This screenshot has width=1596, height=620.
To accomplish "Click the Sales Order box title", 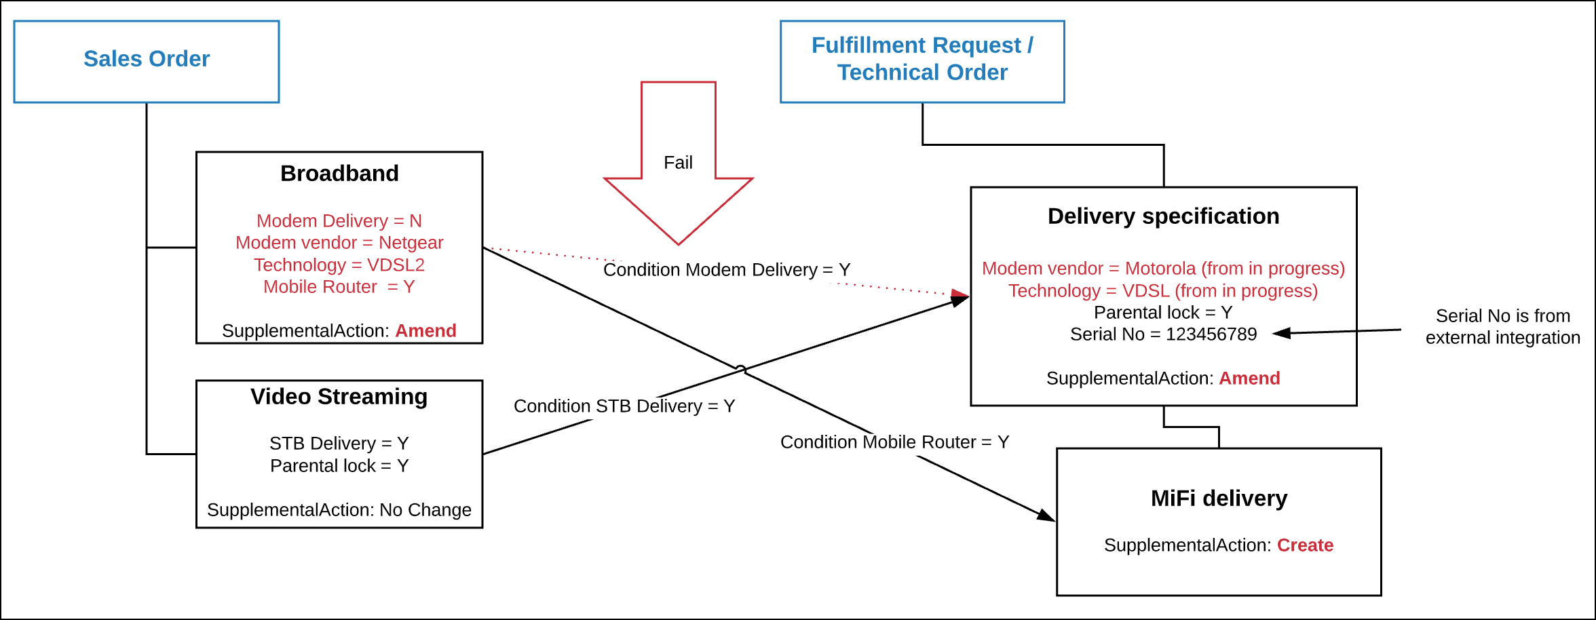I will pos(147,59).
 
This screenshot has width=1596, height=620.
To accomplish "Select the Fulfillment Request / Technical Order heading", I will pos(922,59).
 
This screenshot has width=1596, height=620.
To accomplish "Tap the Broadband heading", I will pos(339,174).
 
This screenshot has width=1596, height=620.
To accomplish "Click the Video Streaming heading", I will pos(339,397).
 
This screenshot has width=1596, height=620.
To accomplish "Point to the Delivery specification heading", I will pos(1163,216).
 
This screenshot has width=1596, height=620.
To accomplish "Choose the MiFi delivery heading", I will pos(1219,499).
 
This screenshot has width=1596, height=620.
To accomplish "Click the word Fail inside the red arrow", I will pos(678,163).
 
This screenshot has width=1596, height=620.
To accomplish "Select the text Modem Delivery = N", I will pos(339,221).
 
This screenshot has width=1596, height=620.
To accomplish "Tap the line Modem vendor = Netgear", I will pos(339,243).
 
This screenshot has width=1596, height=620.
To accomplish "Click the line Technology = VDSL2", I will pos(339,265).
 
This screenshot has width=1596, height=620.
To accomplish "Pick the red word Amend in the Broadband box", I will pos(425,331).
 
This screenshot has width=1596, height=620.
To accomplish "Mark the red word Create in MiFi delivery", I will pos(1305,545).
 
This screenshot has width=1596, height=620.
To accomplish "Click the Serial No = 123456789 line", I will pos(1163,334).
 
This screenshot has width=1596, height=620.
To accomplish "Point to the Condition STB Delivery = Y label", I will pos(624,406).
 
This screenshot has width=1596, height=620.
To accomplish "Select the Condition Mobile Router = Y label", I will pos(894,442).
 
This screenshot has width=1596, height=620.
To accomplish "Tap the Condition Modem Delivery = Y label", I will pos(726,270).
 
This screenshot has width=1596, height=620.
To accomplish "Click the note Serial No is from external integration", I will pos(1502,327).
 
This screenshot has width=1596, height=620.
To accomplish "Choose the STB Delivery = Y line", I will pos(339,444).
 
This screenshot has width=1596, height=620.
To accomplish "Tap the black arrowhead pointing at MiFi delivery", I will pos(1046,516).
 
